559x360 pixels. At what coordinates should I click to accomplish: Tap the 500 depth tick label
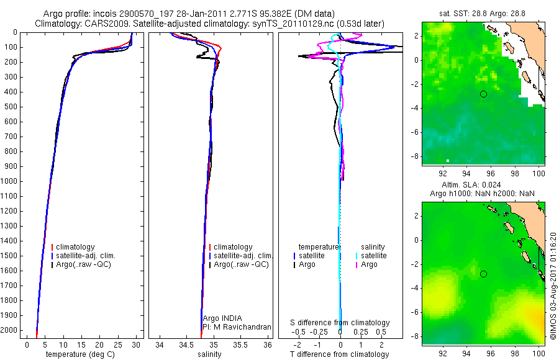coord(11,107)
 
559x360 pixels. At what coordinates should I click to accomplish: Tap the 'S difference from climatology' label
coord(340,323)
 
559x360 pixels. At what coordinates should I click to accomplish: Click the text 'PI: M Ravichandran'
coord(237,326)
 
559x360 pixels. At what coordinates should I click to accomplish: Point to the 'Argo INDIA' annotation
coord(222,318)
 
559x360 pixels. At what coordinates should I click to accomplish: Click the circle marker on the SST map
coord(483,94)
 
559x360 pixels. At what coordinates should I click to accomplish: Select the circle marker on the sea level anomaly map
coord(483,274)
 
